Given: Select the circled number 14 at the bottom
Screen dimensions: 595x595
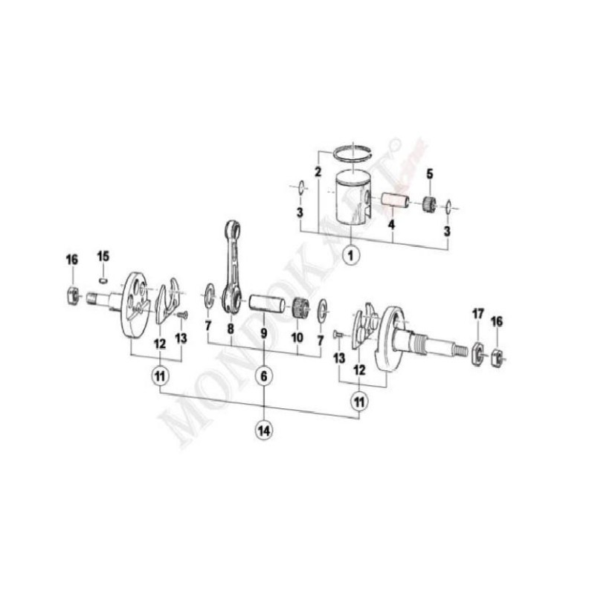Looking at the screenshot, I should click(263, 429).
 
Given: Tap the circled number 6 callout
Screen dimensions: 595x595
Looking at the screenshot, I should click(263, 377).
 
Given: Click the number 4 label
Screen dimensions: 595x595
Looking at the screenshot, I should click(391, 222).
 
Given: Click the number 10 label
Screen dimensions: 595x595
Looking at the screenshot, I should click(297, 336).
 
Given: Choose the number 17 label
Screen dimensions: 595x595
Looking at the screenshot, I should click(477, 315).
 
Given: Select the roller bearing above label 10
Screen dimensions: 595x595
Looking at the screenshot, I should click(300, 306).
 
